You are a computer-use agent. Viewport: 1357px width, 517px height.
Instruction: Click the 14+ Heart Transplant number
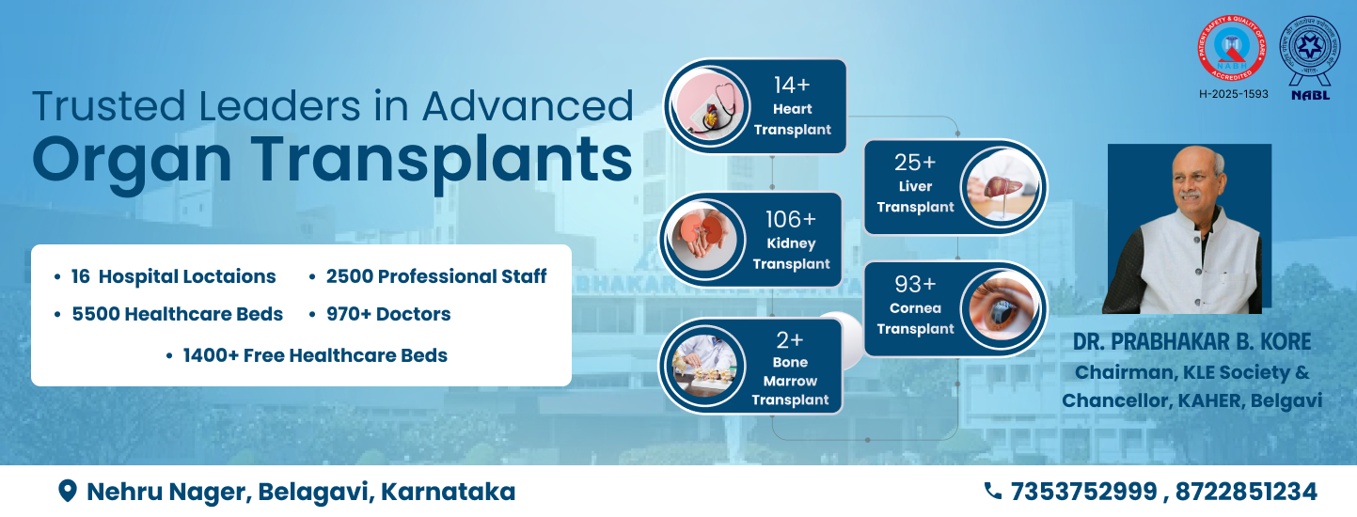tap(792, 85)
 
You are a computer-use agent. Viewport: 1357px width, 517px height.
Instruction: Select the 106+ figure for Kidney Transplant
tap(790, 219)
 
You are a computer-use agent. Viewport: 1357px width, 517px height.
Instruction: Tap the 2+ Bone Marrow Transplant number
tap(790, 339)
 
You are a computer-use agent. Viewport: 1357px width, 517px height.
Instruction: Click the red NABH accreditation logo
tap(1231, 50)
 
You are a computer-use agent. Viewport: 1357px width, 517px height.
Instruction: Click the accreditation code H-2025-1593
tap(1232, 94)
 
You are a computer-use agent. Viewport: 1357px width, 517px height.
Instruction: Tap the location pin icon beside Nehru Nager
tap(68, 491)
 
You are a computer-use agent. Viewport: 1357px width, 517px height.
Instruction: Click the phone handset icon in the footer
tap(993, 491)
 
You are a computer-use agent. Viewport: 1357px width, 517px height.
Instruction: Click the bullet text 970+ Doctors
tap(387, 315)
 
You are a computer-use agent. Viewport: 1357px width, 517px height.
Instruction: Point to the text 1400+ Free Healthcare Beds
tap(314, 355)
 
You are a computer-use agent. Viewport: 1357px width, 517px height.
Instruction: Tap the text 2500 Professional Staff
tap(435, 276)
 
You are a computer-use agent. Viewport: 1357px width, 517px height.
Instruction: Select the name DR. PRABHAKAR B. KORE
tap(1192, 341)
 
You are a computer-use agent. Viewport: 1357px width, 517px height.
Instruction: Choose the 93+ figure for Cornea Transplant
tap(915, 285)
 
